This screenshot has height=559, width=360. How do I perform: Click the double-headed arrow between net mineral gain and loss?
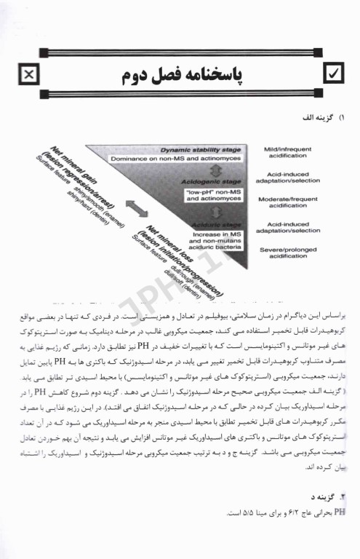coord(135,207)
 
